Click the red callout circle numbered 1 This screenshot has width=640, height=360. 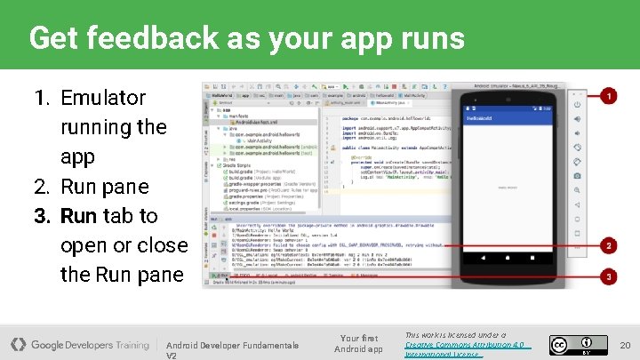[x=609, y=94]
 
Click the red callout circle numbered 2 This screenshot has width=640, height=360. [x=609, y=244]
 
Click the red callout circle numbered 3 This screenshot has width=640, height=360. [x=609, y=276]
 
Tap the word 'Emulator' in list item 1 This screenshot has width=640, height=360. [x=102, y=98]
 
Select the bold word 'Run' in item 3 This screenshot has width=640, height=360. [x=78, y=216]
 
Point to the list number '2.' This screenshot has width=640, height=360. [x=43, y=187]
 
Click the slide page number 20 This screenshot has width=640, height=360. [x=624, y=344]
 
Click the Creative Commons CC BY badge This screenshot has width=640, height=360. [x=578, y=345]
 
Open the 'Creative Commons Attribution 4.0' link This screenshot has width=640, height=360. [x=464, y=344]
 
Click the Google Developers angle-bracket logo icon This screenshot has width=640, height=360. [x=18, y=344]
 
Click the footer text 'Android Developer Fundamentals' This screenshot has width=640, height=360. [x=232, y=345]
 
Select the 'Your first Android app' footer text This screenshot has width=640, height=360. [x=359, y=343]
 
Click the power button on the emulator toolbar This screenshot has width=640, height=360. [x=577, y=104]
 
